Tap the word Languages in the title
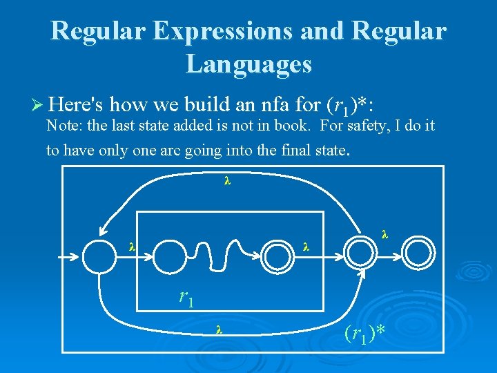pos(248,64)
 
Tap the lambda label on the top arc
pos(226,182)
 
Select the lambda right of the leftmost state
pos(132,246)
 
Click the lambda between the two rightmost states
pos(384,236)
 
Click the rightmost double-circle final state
pos(418,254)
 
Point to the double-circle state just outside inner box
pos(359,255)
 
